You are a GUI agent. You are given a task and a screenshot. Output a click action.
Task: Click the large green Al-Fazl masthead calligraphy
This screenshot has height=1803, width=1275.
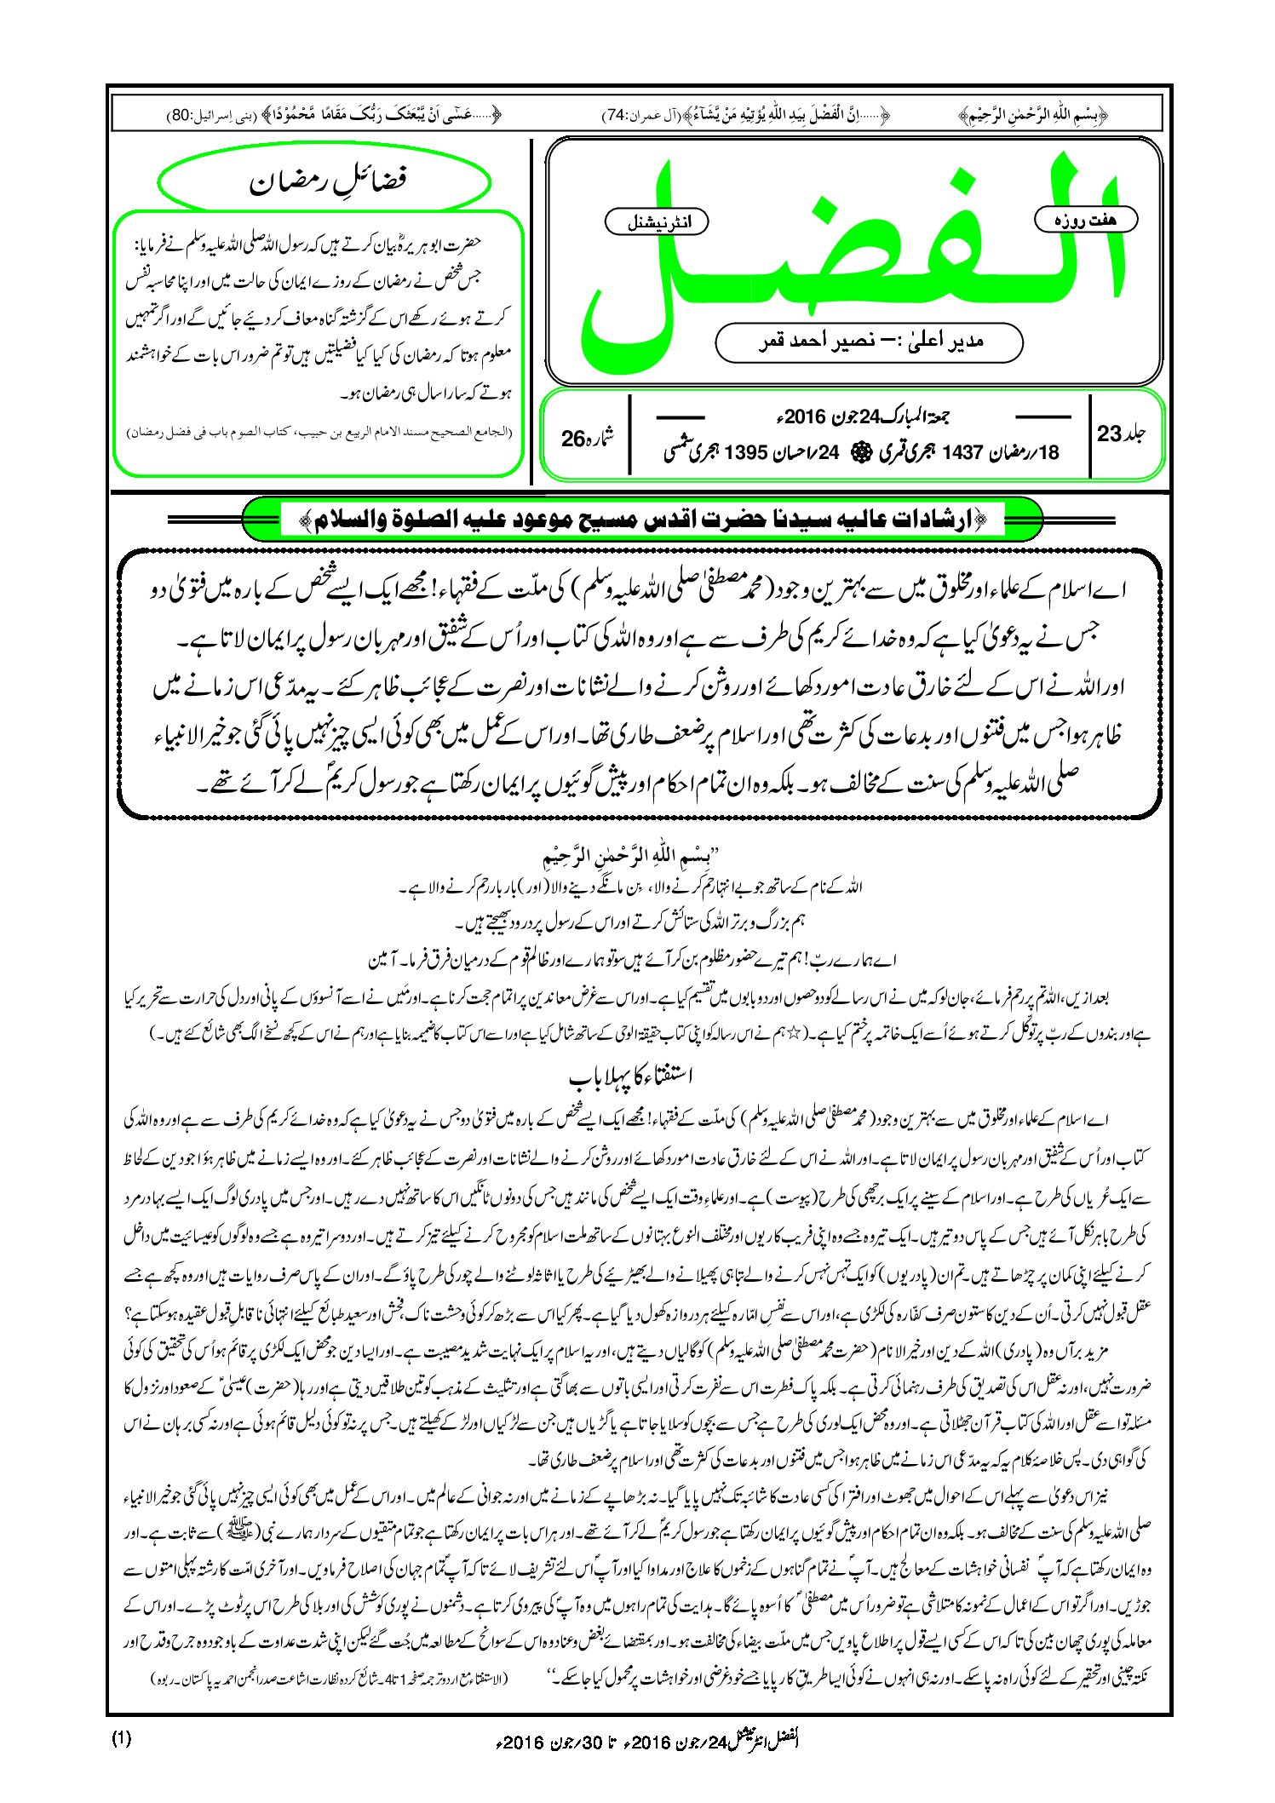852,256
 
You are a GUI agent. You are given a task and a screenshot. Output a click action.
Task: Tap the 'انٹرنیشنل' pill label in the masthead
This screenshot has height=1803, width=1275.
656,222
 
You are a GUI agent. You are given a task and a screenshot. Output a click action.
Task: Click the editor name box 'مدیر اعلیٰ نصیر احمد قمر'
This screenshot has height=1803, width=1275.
869,342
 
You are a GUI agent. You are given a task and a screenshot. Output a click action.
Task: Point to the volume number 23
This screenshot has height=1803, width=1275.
1110,434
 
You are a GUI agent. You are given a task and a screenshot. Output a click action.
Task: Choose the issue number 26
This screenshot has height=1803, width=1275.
573,438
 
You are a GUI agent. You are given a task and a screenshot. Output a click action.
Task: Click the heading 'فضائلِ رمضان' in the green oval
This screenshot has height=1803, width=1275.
326,181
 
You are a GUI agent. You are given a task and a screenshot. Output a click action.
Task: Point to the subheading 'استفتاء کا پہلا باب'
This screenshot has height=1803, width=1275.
631,1077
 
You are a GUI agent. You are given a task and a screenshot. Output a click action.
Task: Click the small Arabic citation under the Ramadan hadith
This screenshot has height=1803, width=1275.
319,432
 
